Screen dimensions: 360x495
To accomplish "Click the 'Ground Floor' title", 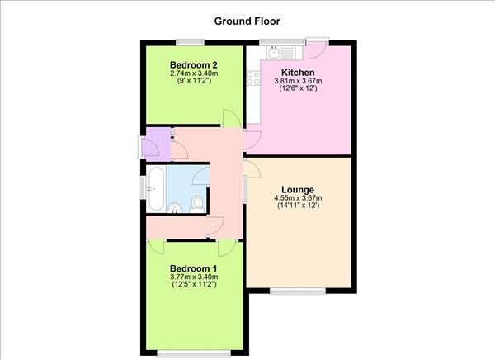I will pos(247,21).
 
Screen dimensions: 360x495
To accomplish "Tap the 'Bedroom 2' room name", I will pos(195,64).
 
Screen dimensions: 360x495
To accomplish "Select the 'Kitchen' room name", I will pos(298,73).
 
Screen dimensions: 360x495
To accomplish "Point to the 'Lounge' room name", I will pos(297,190).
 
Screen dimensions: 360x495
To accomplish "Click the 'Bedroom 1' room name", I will pos(194,268).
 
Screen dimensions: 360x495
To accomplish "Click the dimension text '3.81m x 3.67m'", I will pos(298,82).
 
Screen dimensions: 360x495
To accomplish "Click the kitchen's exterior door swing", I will pos(315,50).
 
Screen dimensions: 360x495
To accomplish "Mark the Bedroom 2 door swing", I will pos(233,117).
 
